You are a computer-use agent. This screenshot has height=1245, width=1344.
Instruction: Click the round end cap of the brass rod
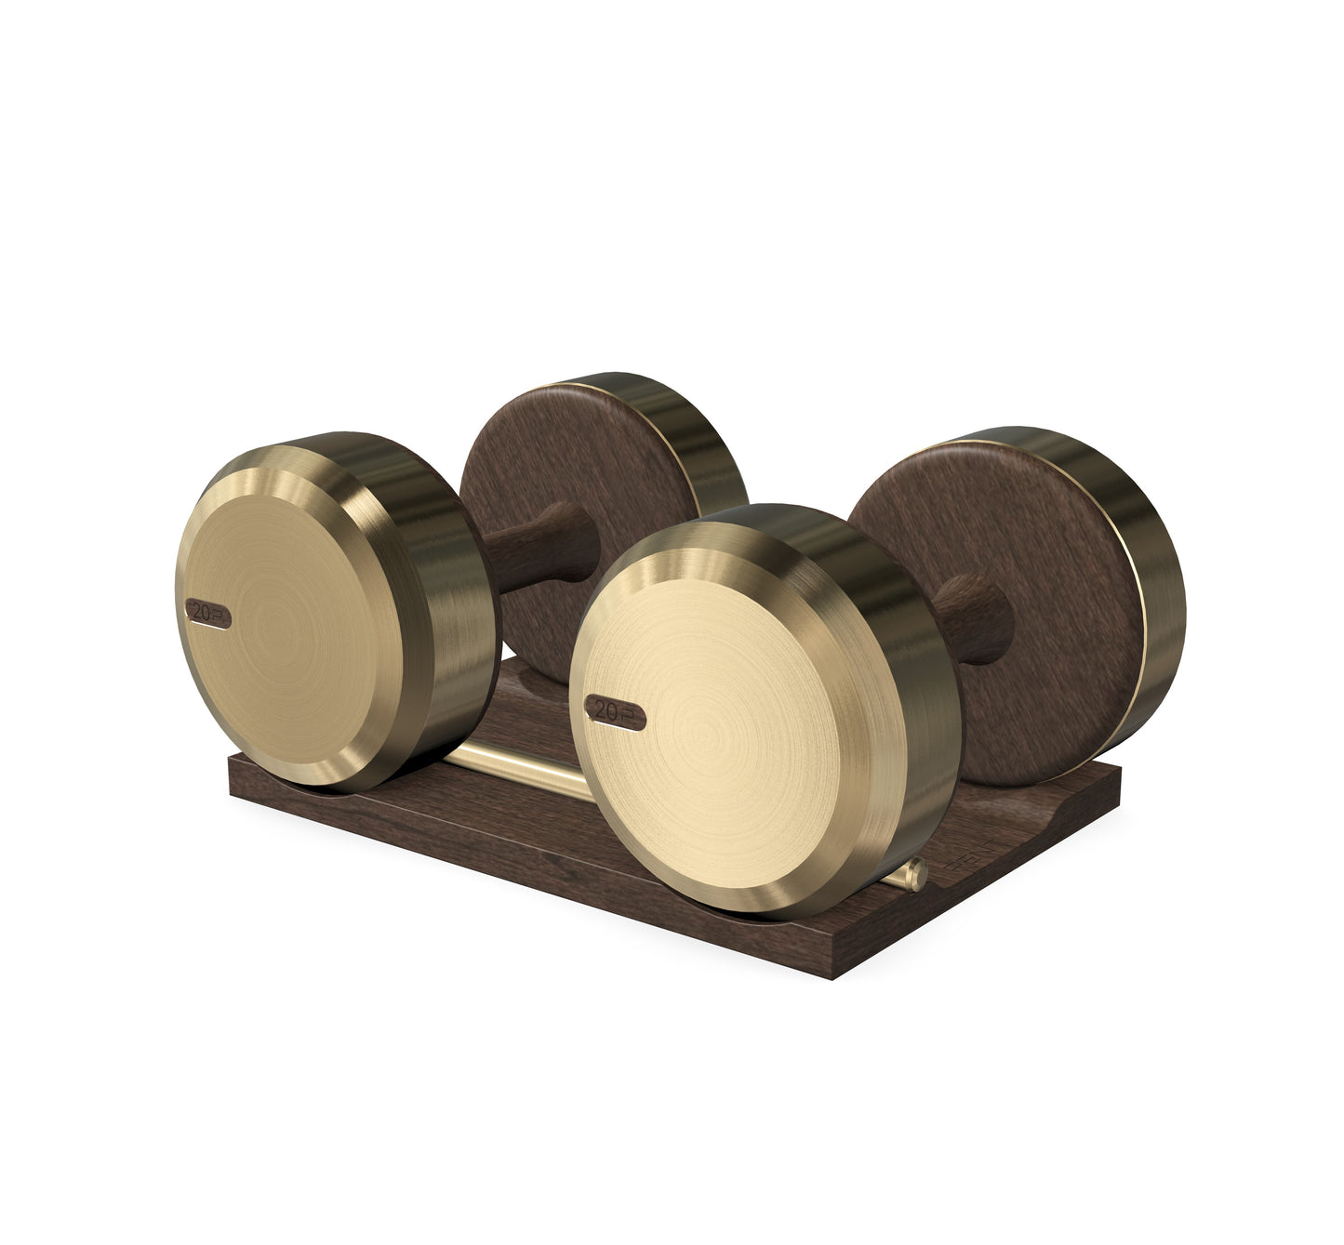coord(917,871)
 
